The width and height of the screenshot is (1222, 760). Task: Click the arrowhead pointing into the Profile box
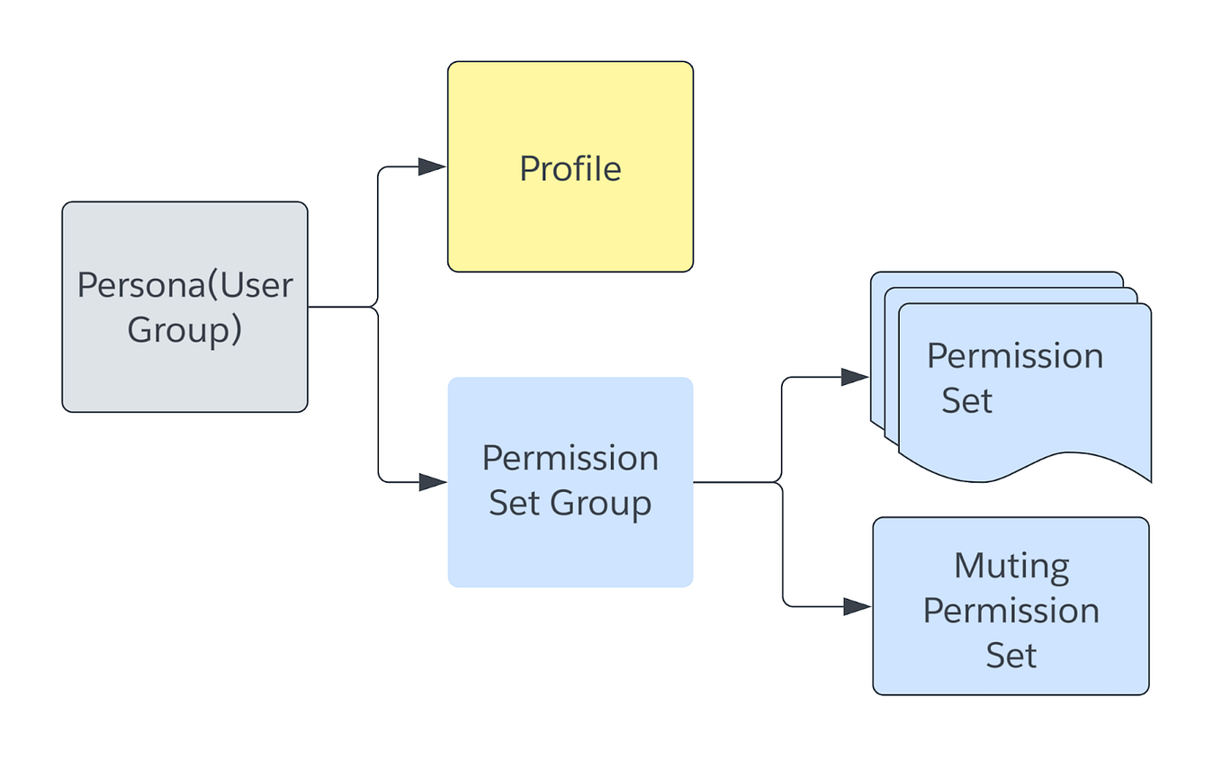coord(432,166)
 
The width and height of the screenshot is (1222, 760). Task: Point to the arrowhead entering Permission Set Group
coord(432,482)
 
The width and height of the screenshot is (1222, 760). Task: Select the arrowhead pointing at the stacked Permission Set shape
coord(854,378)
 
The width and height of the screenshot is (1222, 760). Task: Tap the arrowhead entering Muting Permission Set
coord(856,606)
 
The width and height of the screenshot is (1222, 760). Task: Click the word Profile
coord(570,169)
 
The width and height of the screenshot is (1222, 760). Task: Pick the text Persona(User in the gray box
coord(184,285)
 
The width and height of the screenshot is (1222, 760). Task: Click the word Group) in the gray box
coord(184,330)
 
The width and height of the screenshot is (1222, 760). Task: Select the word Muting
coord(1011,567)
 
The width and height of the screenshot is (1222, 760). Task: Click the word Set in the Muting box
coord(1011,655)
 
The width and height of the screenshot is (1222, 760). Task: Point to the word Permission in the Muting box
coord(1011,611)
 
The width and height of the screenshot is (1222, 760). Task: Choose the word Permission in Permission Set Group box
coord(570,459)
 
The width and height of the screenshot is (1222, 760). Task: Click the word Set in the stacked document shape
coord(966,400)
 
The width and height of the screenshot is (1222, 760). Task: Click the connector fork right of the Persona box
coord(376,307)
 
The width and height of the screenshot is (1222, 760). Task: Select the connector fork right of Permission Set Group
coord(781,482)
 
